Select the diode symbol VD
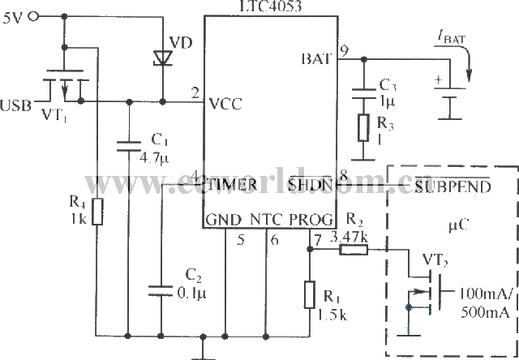(x=162, y=56)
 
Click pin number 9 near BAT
(x=344, y=50)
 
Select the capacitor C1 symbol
(x=128, y=147)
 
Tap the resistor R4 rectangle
(x=97, y=213)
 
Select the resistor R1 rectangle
(x=310, y=294)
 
